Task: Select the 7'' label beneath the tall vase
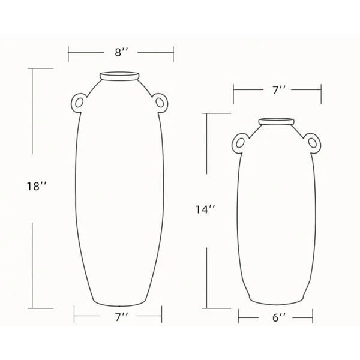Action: pos(121,315)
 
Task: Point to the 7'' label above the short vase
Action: pos(278,90)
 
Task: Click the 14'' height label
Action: pos(205,209)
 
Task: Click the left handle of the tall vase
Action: pos(79,103)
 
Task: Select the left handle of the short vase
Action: pos(238,143)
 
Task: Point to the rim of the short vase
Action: pos(276,122)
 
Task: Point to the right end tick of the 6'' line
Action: pos(313,316)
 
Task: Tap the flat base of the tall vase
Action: pos(119,302)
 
